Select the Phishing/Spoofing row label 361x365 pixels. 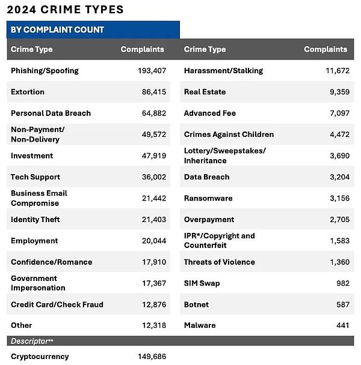point(45,71)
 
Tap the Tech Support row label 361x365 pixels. point(35,177)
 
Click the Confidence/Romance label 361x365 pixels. point(51,262)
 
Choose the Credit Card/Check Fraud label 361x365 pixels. point(57,304)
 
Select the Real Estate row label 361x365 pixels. point(205,92)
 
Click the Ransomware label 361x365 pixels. point(208,198)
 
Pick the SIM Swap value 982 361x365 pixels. point(342,283)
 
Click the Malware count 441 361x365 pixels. point(342,325)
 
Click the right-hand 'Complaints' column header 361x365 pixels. point(326,49)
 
